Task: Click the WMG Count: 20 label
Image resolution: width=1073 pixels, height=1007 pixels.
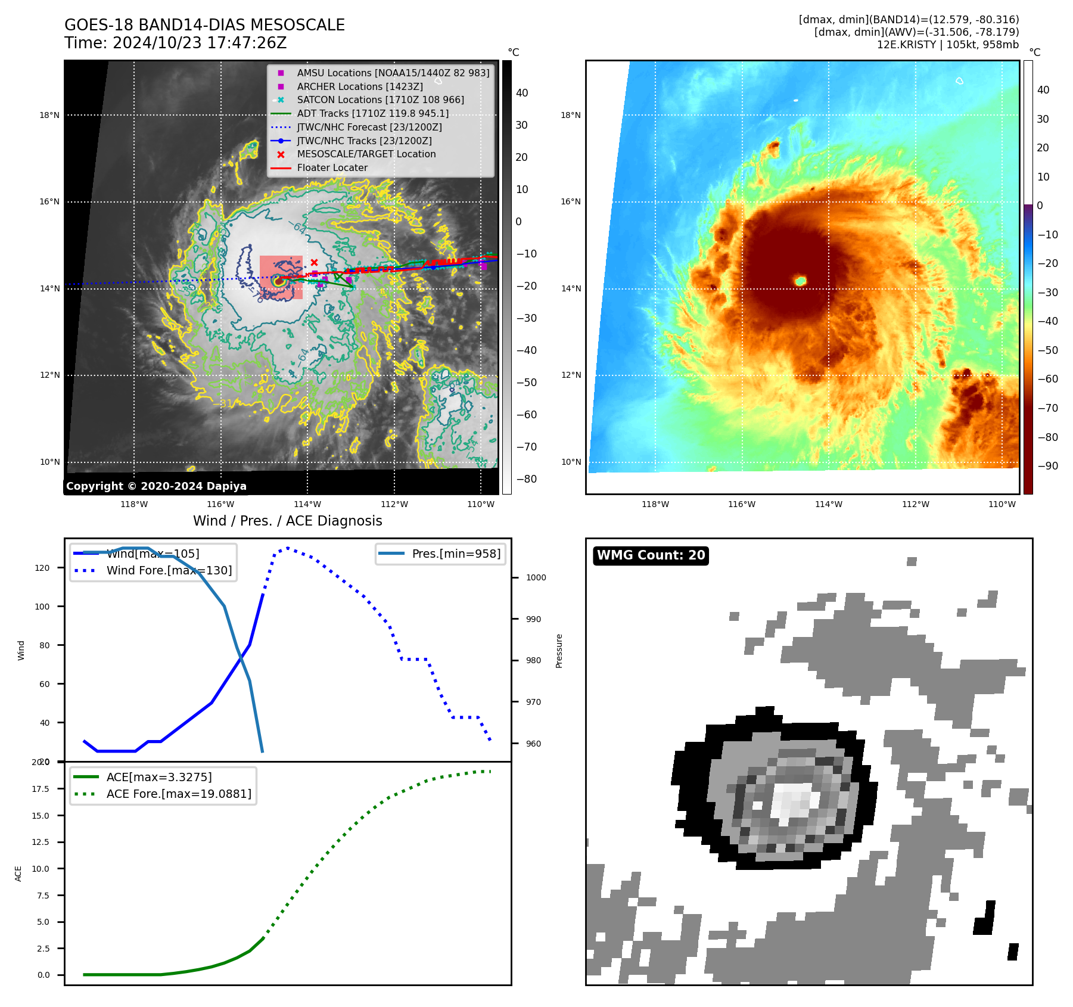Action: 651,555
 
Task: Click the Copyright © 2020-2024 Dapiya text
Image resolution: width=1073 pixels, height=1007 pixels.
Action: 156,486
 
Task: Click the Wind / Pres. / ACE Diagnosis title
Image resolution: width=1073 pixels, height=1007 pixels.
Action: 287,521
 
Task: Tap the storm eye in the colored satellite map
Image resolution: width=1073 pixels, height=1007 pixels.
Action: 800,281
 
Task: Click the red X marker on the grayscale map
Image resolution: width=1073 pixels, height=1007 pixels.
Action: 314,262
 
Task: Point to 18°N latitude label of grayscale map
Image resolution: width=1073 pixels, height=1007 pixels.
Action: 49,115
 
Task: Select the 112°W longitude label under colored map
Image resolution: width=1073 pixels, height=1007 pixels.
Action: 915,504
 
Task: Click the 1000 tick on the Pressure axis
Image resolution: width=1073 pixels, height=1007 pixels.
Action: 536,577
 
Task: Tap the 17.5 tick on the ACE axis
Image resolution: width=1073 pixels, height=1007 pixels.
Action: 41,789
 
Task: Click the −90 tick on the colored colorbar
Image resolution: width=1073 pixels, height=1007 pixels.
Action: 1047,466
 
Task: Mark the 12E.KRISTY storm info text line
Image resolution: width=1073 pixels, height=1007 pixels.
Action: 947,45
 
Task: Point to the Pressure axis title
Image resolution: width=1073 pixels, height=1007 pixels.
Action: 559,651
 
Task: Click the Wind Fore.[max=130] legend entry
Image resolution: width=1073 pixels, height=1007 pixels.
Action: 169,570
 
